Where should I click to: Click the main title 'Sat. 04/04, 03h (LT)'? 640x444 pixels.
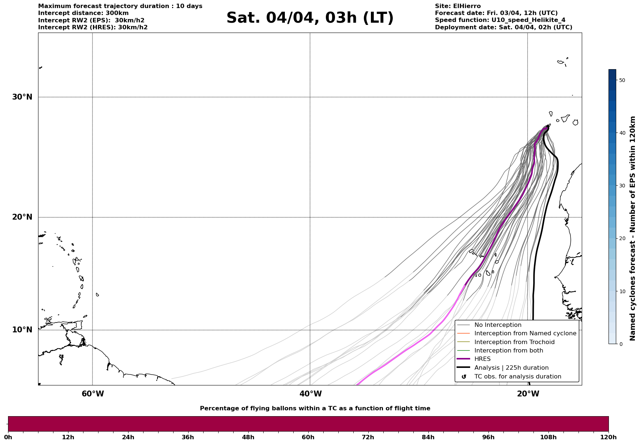coord(310,18)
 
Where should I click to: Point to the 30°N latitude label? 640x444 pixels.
coord(22,97)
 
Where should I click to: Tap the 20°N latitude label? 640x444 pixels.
coord(22,217)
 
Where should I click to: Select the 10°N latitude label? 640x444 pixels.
coord(22,330)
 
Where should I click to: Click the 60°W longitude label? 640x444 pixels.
coord(93,394)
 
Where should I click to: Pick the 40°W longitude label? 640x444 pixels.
coord(310,394)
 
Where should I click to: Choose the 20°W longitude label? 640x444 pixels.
coord(528,394)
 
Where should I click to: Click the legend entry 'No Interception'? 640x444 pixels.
coord(498,325)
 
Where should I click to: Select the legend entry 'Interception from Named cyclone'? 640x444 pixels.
coord(525,333)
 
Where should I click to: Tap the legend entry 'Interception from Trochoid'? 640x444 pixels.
coord(514,342)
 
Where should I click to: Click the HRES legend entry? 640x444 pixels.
coord(482,359)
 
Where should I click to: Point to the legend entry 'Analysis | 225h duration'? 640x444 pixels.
coord(511,368)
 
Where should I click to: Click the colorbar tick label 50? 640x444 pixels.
coord(622,80)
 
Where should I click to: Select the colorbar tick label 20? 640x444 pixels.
coord(622,239)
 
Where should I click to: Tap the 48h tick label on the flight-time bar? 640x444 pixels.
coord(248,437)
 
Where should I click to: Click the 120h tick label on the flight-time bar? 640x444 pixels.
coord(609,437)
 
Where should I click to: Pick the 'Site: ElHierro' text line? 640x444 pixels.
coord(458,6)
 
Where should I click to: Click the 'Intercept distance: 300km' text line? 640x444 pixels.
coord(83,13)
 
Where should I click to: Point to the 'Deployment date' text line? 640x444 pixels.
coord(503,27)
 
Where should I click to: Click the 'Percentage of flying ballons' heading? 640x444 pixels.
coord(315,408)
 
